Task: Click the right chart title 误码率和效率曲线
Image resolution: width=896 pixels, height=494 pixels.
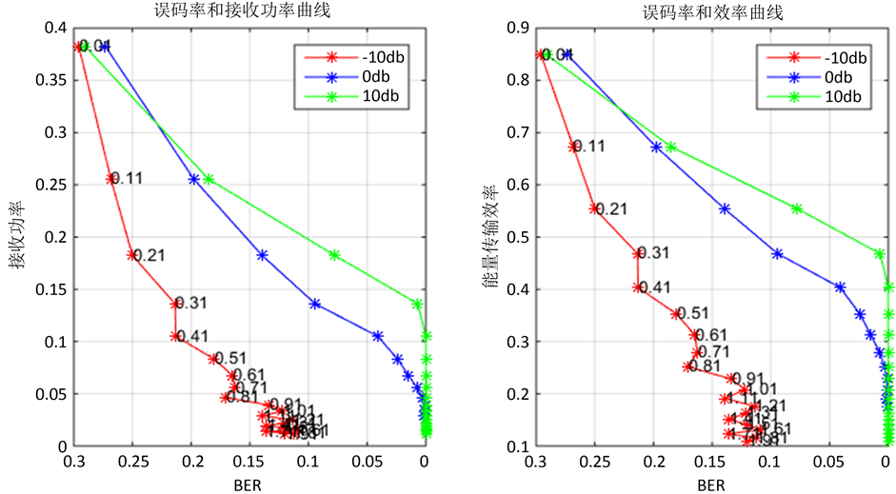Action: click(712, 11)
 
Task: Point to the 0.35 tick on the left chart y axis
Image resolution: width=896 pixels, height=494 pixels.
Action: click(55, 79)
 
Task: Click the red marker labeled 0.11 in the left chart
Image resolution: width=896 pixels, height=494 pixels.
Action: click(110, 179)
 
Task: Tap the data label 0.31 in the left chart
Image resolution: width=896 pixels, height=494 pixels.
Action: click(191, 304)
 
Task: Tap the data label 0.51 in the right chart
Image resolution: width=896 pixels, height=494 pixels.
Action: click(692, 313)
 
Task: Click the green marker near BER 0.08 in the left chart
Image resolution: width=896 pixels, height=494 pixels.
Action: click(334, 255)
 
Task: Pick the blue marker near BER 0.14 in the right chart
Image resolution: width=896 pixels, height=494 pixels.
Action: click(725, 208)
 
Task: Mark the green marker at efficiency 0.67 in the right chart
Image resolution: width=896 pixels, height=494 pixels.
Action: click(671, 148)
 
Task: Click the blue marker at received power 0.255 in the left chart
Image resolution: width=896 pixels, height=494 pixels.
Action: click(194, 179)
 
